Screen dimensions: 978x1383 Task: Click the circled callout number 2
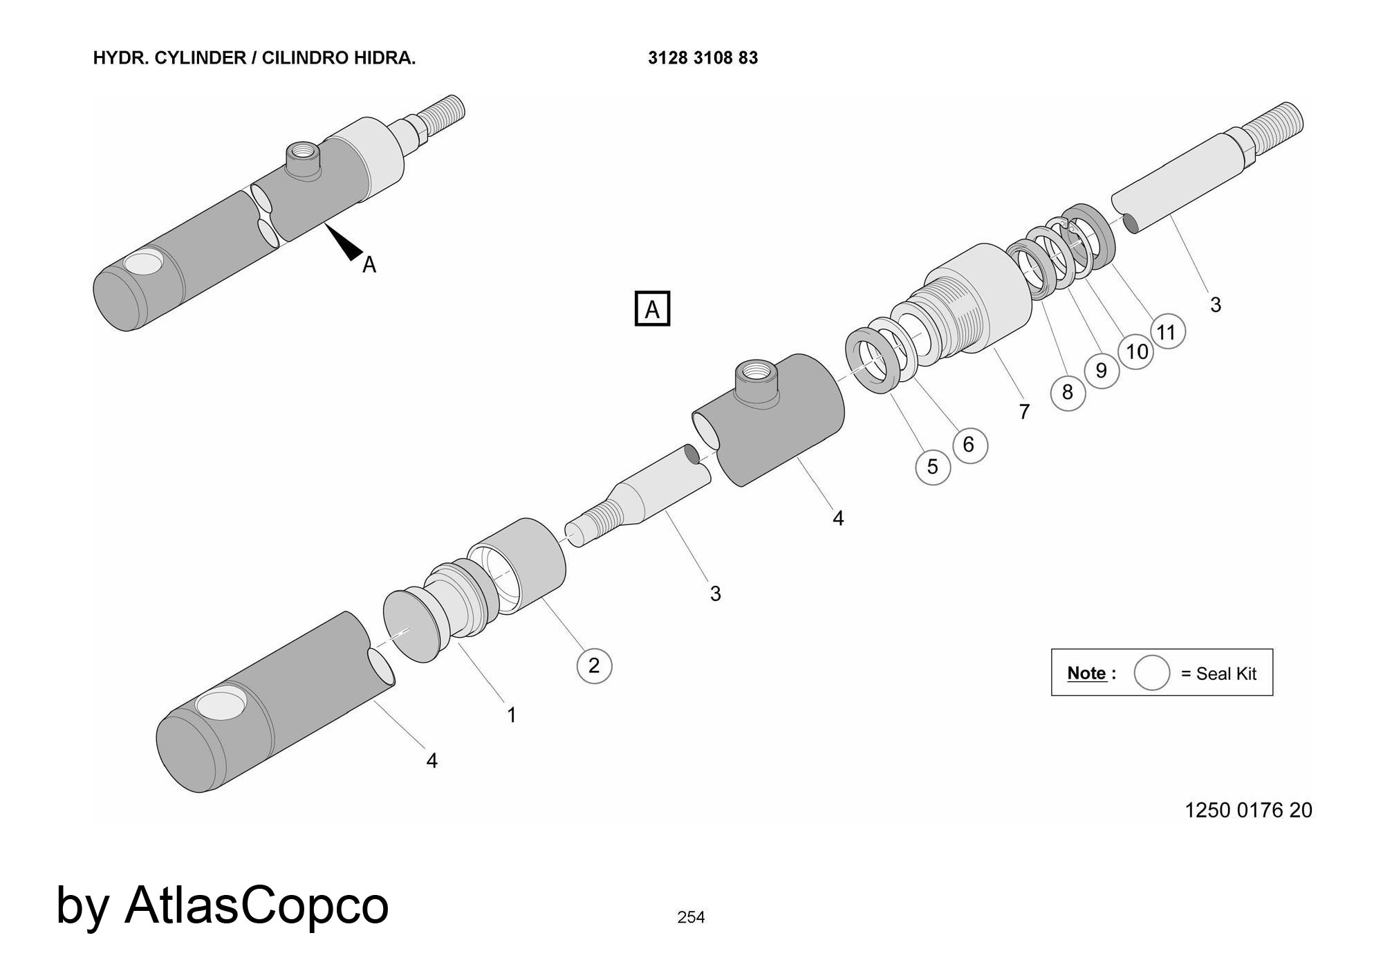point(594,665)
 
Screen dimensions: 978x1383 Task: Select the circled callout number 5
point(933,467)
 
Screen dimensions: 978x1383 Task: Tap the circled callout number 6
point(969,445)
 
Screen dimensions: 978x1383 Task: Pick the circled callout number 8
point(1068,392)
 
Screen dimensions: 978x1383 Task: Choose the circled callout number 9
point(1102,371)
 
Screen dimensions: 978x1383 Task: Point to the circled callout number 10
point(1137,352)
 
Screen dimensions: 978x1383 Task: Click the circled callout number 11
point(1167,332)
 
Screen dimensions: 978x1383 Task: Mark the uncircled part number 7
point(1024,412)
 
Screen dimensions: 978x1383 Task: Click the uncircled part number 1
point(512,714)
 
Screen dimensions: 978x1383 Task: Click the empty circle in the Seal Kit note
point(1151,673)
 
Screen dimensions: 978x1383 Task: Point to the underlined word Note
point(1086,673)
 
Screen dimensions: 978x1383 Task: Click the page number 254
point(691,917)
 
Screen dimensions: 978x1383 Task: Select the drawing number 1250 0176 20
point(1248,810)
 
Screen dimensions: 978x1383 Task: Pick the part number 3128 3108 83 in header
point(703,58)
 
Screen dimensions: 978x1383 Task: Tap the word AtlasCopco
point(256,905)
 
